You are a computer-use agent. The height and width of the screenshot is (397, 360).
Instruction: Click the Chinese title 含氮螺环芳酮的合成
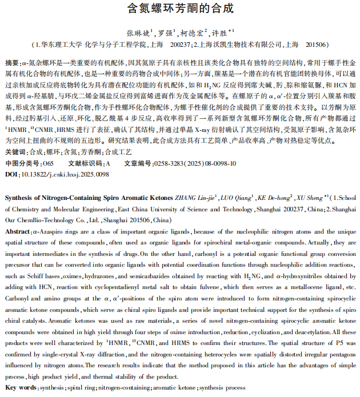pyautogui.click(x=180, y=10)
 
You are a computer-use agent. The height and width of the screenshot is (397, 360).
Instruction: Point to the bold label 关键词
pyautogui.click(x=15, y=151)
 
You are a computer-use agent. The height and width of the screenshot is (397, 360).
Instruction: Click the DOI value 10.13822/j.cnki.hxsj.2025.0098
pyautogui.click(x=63, y=174)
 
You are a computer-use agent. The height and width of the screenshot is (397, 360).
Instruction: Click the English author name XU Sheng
pyautogui.click(x=311, y=198)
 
